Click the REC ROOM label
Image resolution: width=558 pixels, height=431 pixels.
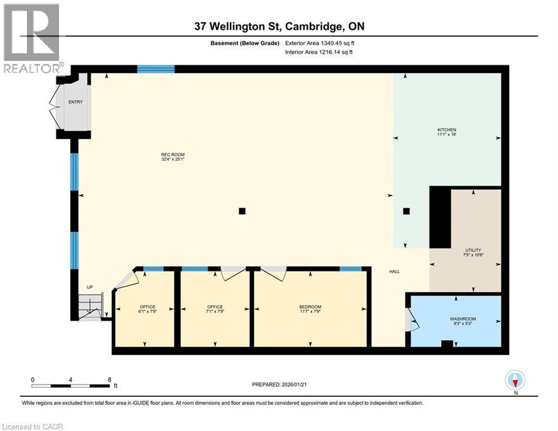click(173, 155)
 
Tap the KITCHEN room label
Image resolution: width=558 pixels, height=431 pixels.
click(446, 130)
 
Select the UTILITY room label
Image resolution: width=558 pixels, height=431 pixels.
click(473, 250)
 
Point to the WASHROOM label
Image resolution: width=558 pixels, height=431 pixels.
click(463, 318)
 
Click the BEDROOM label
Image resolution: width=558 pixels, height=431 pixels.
click(310, 307)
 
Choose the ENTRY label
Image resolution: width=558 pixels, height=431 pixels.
click(75, 102)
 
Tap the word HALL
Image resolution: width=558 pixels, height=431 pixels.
click(395, 272)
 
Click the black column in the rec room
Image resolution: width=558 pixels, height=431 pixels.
click(242, 211)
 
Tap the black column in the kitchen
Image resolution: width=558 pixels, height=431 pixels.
click(407, 211)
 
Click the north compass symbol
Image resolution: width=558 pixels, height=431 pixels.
click(515, 380)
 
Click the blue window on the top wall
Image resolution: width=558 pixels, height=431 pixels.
click(156, 69)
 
